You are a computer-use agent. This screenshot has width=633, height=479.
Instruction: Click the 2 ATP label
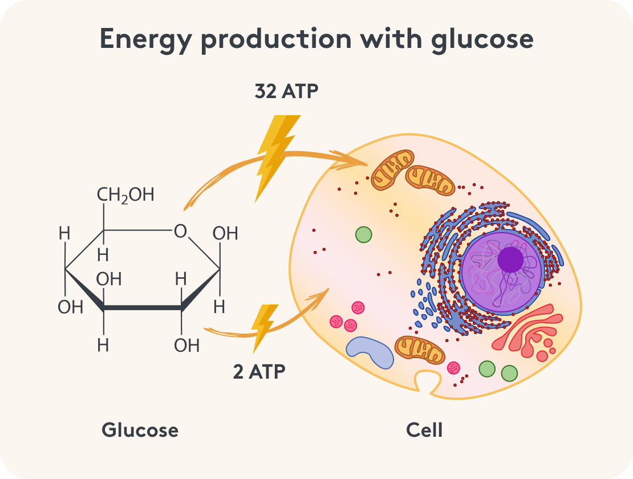[259, 371]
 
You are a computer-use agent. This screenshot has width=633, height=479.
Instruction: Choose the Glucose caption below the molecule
[140, 429]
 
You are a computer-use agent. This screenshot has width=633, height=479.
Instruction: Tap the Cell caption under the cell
[424, 429]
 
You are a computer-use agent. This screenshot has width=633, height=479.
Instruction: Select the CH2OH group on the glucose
[125, 195]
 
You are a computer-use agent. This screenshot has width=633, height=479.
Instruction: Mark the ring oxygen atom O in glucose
[180, 231]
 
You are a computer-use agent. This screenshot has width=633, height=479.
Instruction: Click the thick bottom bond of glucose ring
[143, 308]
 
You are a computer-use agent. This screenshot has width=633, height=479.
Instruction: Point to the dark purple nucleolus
[510, 259]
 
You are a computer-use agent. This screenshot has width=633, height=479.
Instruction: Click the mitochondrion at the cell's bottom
[420, 349]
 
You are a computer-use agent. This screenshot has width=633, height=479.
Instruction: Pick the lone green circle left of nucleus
[363, 234]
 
